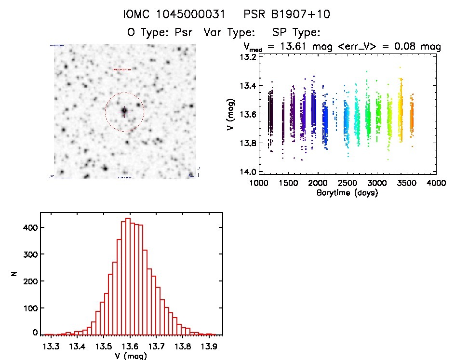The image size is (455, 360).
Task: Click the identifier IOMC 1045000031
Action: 178,15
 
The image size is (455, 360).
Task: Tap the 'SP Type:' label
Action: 296,33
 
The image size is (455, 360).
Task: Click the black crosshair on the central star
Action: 124,111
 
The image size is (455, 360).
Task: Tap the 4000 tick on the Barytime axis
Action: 436,184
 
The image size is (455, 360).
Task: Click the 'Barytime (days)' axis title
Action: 347,193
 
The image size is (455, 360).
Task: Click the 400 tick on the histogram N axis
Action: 30,227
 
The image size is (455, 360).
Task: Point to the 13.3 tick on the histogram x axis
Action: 51,347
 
